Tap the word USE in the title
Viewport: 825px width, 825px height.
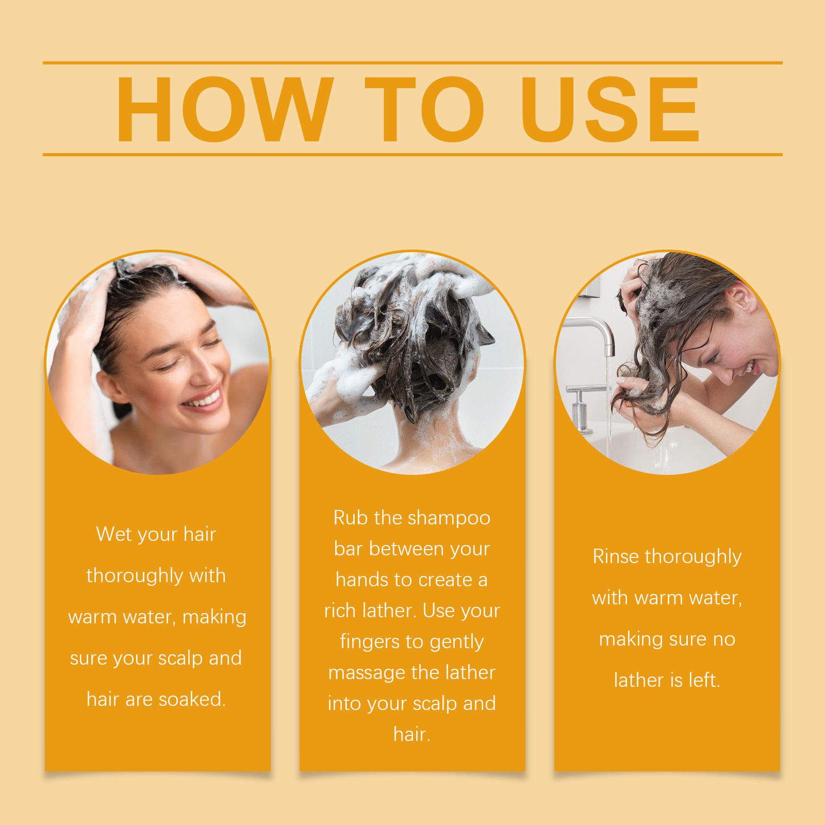pos(610,109)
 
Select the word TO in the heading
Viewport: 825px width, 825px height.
pos(424,109)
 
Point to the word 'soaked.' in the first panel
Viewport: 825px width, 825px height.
pos(192,699)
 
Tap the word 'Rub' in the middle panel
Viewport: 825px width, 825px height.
pos(351,518)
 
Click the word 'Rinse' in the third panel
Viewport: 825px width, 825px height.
pos(616,556)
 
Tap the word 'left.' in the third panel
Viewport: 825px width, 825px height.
pos(704,680)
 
